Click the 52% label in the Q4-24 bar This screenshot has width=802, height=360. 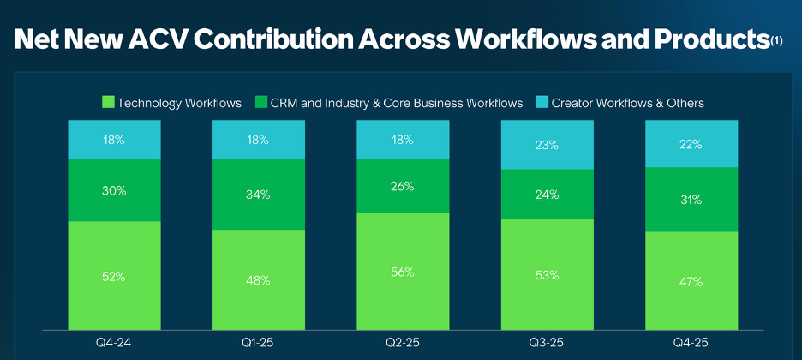pos(114,276)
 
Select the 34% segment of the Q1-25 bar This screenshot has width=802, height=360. pos(259,195)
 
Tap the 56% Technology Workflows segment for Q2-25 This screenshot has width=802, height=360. pos(403,272)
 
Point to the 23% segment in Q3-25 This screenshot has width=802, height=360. pos(547,146)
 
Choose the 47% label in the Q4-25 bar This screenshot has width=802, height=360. pos(691,281)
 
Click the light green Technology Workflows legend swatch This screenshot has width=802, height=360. pos(107,103)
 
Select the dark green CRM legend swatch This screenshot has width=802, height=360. pos(260,103)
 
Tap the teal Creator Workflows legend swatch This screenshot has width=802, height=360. pos(542,103)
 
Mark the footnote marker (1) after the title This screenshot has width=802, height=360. pos(776,40)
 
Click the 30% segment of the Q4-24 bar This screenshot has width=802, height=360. pos(114,191)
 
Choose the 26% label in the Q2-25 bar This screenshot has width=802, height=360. pos(403,186)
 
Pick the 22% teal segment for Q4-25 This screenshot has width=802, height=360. pos(691,144)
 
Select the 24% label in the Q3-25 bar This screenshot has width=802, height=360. pos(547,195)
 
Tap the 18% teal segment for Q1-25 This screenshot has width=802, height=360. pos(259,140)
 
